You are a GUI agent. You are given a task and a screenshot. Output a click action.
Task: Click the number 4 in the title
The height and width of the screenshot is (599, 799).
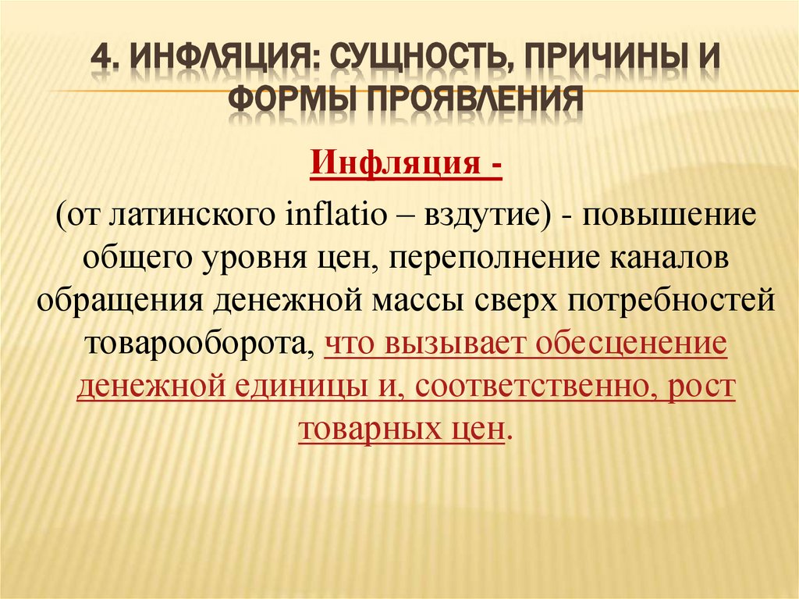[x=100, y=58]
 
